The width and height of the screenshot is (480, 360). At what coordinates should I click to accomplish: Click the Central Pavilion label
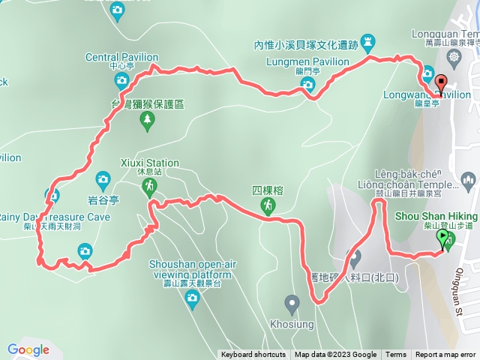point(121,56)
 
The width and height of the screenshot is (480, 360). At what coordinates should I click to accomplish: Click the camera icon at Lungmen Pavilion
point(308,85)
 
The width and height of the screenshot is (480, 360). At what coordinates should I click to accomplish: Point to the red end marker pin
point(440,84)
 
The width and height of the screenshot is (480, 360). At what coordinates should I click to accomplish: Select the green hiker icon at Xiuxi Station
point(150,185)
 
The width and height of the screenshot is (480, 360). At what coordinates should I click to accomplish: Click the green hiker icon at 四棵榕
point(267,205)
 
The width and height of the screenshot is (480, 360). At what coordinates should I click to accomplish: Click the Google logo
point(28,349)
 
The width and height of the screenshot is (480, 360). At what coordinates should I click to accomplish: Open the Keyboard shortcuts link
point(253,355)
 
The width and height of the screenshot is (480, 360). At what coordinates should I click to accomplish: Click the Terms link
point(396,355)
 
